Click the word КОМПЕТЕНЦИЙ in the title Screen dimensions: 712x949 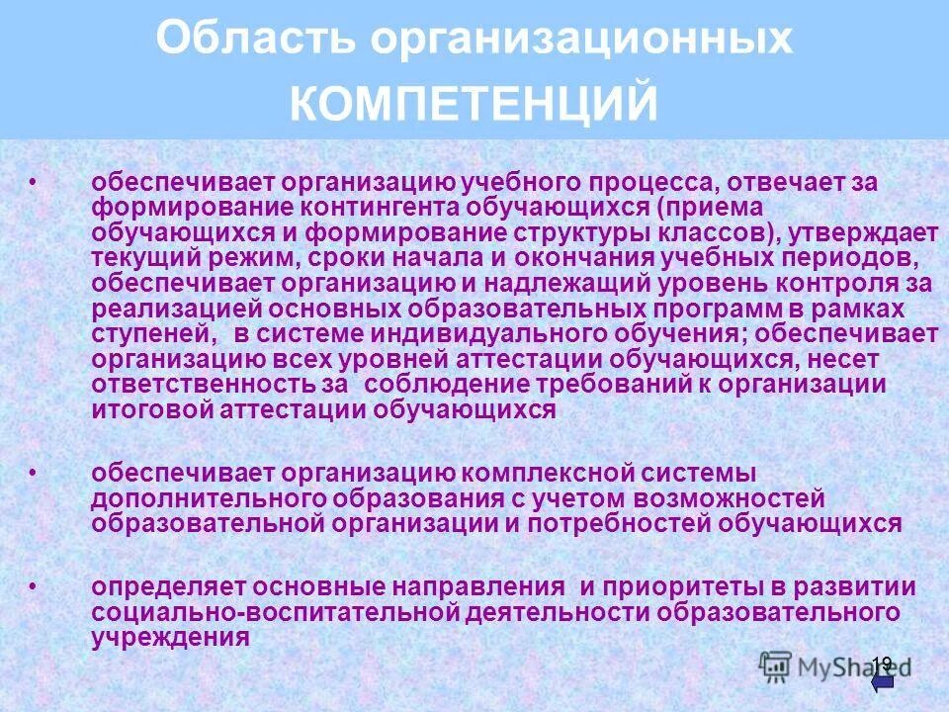point(474,104)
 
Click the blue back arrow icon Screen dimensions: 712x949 point(883,681)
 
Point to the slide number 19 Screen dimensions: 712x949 point(882,663)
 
